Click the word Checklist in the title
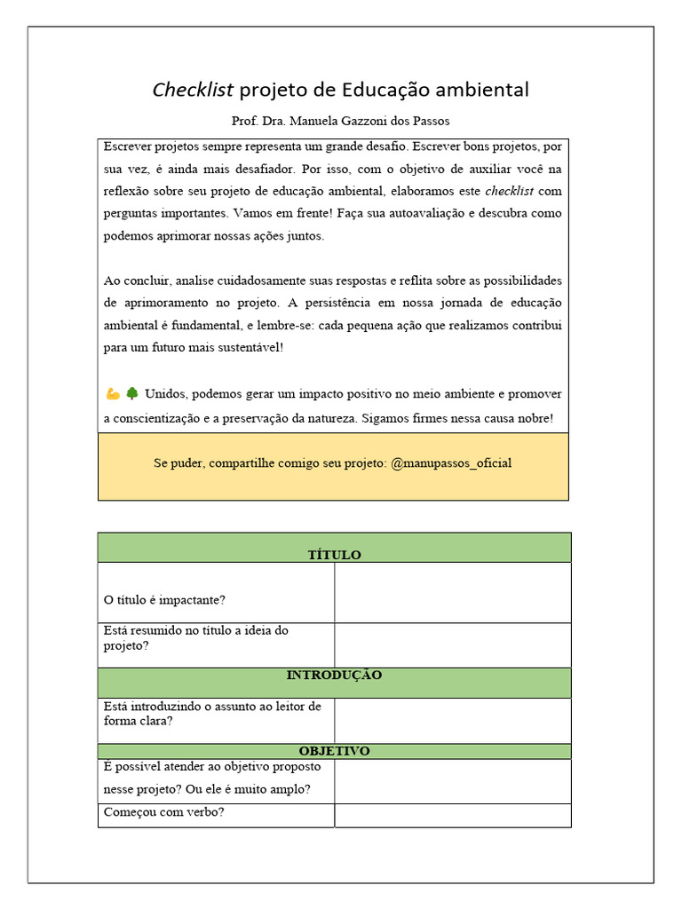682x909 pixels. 193,90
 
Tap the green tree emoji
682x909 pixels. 131,393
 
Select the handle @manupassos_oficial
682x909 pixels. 451,463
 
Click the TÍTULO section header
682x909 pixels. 334,555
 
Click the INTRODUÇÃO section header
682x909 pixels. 334,676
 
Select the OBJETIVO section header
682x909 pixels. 334,751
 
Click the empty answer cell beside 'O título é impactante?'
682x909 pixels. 452,593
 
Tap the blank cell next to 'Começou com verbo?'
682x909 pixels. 452,815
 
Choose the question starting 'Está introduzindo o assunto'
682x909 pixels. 212,714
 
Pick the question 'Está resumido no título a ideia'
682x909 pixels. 195,638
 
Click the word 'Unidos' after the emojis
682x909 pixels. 165,393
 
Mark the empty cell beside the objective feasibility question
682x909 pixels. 452,781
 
